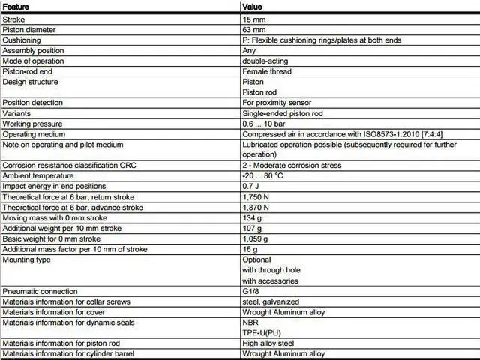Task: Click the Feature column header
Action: tap(16, 6)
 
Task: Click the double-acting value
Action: tap(265, 61)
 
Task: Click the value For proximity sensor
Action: tap(277, 103)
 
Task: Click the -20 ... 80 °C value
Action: tap(262, 175)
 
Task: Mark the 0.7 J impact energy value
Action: tap(251, 186)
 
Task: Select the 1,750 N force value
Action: tap(256, 196)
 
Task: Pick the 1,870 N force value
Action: tap(256, 207)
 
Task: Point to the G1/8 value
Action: tap(251, 290)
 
